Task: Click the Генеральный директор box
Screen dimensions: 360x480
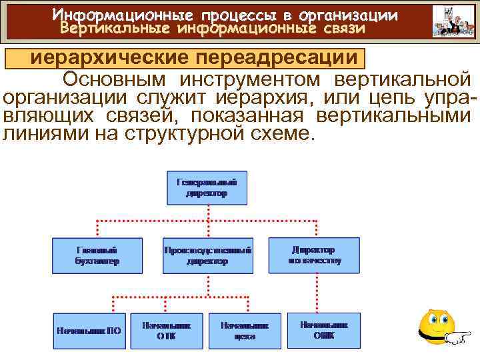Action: pos(207,187)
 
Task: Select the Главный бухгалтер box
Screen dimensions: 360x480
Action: pos(97,255)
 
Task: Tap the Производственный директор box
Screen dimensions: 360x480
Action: pos(207,255)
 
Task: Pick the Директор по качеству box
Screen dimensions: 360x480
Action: pos(314,255)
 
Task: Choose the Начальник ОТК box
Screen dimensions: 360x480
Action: pos(166,330)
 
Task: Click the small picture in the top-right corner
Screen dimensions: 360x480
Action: pos(453,21)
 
